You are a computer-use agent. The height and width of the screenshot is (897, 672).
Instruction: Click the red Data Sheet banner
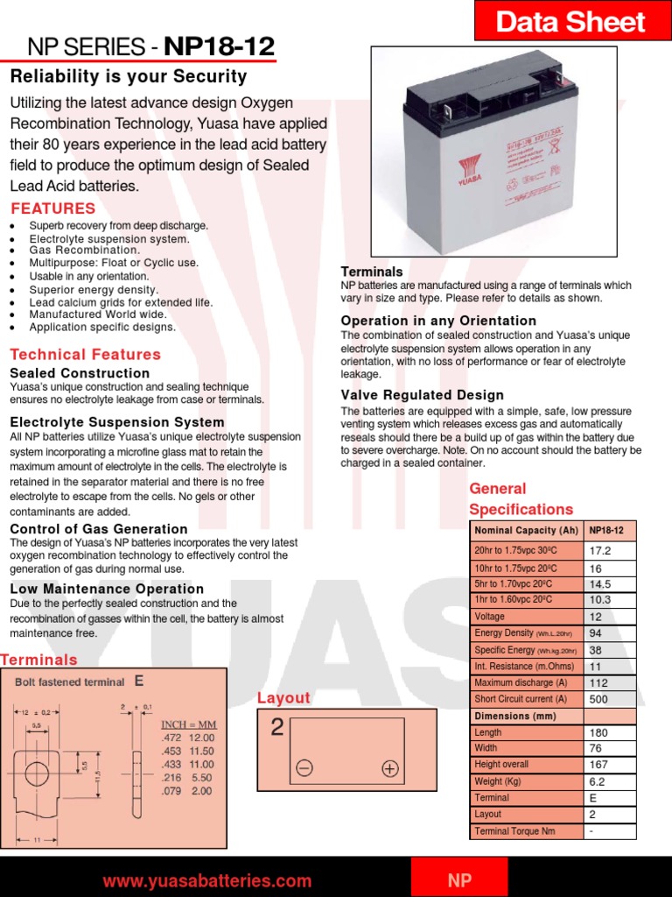572,21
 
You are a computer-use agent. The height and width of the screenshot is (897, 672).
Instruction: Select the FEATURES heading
52,208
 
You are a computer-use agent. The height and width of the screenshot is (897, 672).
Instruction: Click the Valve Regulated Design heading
422,395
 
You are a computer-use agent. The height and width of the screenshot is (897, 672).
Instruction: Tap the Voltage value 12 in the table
597,617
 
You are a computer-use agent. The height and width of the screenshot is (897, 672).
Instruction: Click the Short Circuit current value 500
599,699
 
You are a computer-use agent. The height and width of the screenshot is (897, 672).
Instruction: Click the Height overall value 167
599,765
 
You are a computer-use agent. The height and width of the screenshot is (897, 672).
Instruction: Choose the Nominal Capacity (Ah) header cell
526,531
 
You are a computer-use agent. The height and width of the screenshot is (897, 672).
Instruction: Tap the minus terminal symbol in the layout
304,768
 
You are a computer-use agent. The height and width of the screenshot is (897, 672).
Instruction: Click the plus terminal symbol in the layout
389,768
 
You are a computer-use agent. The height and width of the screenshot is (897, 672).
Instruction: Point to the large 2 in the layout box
276,728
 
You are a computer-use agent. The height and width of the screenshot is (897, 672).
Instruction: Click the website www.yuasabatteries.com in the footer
206,881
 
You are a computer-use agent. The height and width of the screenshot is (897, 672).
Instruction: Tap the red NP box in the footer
459,879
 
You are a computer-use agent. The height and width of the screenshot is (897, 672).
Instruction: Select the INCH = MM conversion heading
189,724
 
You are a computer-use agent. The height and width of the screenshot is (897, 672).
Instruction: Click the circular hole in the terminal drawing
37,773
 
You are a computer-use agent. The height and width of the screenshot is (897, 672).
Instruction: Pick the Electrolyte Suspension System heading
117,422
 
